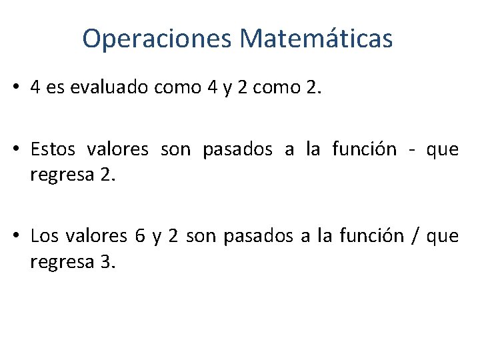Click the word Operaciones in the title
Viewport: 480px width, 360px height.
click(x=157, y=39)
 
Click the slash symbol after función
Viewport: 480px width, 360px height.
click(x=415, y=235)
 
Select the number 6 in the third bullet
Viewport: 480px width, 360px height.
click(x=139, y=235)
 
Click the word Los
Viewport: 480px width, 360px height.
click(x=45, y=235)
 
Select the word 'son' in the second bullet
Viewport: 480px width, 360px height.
click(x=175, y=149)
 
